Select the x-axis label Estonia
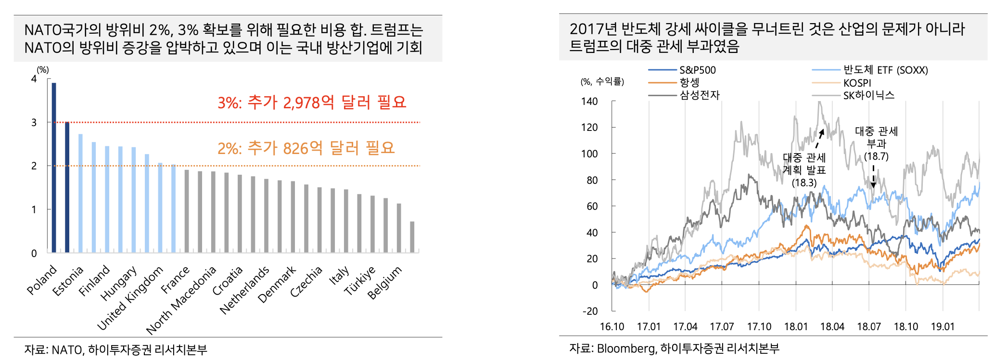[x=68, y=281]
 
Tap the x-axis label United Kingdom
[x=130, y=298]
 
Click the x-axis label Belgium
[x=384, y=283]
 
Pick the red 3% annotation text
[x=312, y=103]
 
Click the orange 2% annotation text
[x=306, y=148]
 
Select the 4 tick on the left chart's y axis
[x=34, y=78]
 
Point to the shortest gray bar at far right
[x=412, y=237]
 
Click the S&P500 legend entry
[x=697, y=70]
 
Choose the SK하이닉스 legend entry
[x=868, y=95]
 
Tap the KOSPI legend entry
[x=857, y=83]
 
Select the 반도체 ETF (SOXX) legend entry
[x=885, y=70]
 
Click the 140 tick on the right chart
[x=589, y=102]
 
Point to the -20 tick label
[x=590, y=311]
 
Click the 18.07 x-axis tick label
[x=869, y=327]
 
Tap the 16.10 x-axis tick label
[x=612, y=327]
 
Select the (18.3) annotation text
[x=804, y=183]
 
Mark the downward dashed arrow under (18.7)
[x=873, y=176]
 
